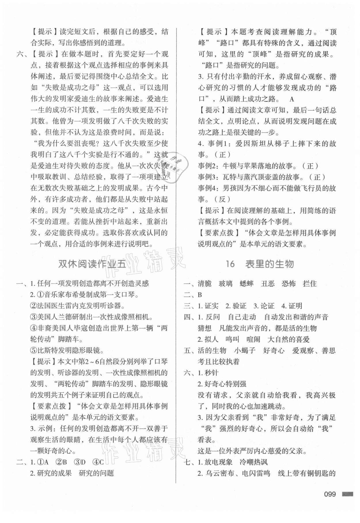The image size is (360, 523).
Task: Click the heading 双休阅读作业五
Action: (92, 264)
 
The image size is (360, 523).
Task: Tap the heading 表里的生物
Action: (270, 264)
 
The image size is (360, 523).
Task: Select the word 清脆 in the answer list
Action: (205, 284)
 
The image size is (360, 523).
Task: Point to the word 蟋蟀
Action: (247, 284)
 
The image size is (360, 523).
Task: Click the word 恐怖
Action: (289, 284)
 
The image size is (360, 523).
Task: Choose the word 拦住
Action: (310, 284)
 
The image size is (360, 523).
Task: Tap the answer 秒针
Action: (211, 373)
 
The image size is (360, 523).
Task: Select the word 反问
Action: (213, 317)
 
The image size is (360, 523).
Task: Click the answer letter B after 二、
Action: (200, 295)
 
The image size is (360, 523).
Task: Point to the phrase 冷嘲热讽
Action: (254, 462)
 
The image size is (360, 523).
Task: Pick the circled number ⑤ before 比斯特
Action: (34, 350)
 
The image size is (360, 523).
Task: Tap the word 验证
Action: (239, 306)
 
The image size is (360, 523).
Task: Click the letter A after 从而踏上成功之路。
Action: (292, 99)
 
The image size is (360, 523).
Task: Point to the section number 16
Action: (230, 264)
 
